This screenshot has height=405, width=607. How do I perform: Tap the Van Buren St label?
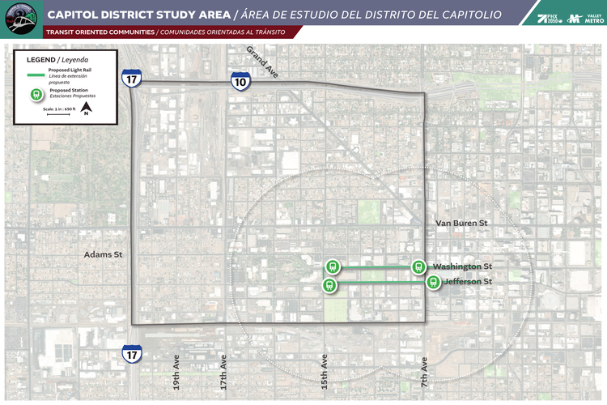461,223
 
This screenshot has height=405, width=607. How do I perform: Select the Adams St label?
103,254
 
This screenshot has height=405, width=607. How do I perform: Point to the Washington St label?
462,266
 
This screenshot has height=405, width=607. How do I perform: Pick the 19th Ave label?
177,373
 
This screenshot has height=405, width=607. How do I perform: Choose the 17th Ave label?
223,373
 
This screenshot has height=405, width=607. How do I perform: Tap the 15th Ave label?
324,373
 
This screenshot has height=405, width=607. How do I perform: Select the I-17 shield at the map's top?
132,79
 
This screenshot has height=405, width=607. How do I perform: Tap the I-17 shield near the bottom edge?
132,353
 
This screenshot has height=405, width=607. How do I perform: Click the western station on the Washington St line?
332,266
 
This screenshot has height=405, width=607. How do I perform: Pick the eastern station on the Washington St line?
418,266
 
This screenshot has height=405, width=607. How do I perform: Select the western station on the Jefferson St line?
329,285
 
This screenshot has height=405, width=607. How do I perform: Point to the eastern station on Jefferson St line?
434,282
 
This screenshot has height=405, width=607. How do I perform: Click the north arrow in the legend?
87,108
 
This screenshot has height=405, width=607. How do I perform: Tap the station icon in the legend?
36,94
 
